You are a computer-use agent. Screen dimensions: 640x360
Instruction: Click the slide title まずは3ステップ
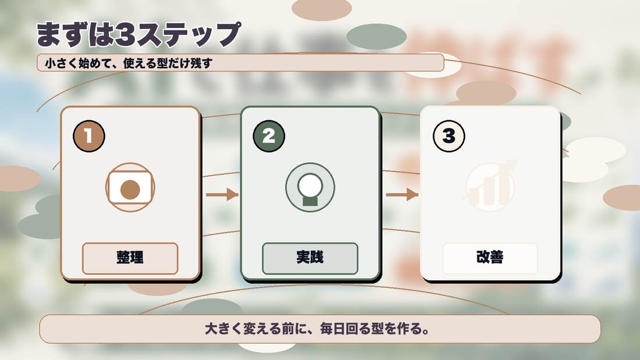click(x=138, y=34)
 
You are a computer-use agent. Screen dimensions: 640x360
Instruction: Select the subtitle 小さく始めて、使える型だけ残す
click(x=129, y=63)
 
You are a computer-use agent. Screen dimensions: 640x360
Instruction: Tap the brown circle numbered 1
click(x=89, y=136)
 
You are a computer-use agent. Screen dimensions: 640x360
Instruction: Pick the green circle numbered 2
click(x=269, y=136)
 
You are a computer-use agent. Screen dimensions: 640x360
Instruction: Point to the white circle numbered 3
click(x=449, y=136)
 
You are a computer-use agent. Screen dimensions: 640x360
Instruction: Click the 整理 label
click(x=130, y=258)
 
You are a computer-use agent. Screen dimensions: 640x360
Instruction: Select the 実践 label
click(x=310, y=257)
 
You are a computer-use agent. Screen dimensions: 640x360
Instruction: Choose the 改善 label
click(x=490, y=257)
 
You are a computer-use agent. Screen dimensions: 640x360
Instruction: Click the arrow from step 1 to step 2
click(x=222, y=194)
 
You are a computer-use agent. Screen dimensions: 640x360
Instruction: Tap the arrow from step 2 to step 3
click(x=402, y=194)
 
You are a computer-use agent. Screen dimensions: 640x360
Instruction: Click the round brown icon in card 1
click(x=130, y=187)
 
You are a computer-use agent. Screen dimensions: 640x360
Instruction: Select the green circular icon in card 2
click(x=310, y=187)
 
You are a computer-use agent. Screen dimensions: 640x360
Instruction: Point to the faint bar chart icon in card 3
click(x=490, y=186)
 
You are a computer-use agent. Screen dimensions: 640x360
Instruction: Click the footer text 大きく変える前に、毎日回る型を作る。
click(x=317, y=329)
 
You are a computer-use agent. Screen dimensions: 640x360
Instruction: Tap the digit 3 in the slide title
click(x=125, y=35)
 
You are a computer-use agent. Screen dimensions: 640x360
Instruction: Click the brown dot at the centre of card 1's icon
click(x=130, y=190)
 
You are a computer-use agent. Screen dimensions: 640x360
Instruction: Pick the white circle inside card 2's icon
click(x=310, y=184)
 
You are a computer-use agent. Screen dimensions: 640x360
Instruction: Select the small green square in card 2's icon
click(x=310, y=201)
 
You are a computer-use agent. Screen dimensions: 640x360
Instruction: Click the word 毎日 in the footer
click(x=332, y=329)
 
